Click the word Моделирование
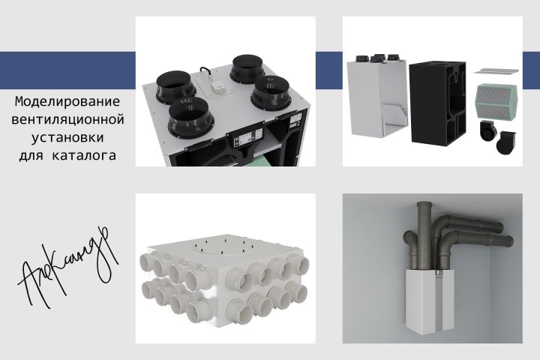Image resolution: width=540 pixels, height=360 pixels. (67, 102)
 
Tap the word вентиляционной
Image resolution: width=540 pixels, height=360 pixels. (67, 119)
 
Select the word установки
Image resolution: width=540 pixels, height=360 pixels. (67, 138)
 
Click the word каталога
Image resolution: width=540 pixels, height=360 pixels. (84, 155)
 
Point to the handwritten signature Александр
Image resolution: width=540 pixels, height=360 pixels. (67, 268)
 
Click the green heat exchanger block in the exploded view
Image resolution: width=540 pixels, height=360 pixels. (496, 102)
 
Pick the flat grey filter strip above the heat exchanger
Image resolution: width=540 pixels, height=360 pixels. (496, 70)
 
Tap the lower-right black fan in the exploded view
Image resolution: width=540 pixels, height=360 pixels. (506, 142)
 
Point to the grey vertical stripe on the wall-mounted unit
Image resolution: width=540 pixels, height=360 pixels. (439, 301)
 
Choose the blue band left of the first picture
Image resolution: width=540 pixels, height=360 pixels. (67, 70)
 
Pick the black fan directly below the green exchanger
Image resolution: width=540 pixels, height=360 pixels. (488, 130)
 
